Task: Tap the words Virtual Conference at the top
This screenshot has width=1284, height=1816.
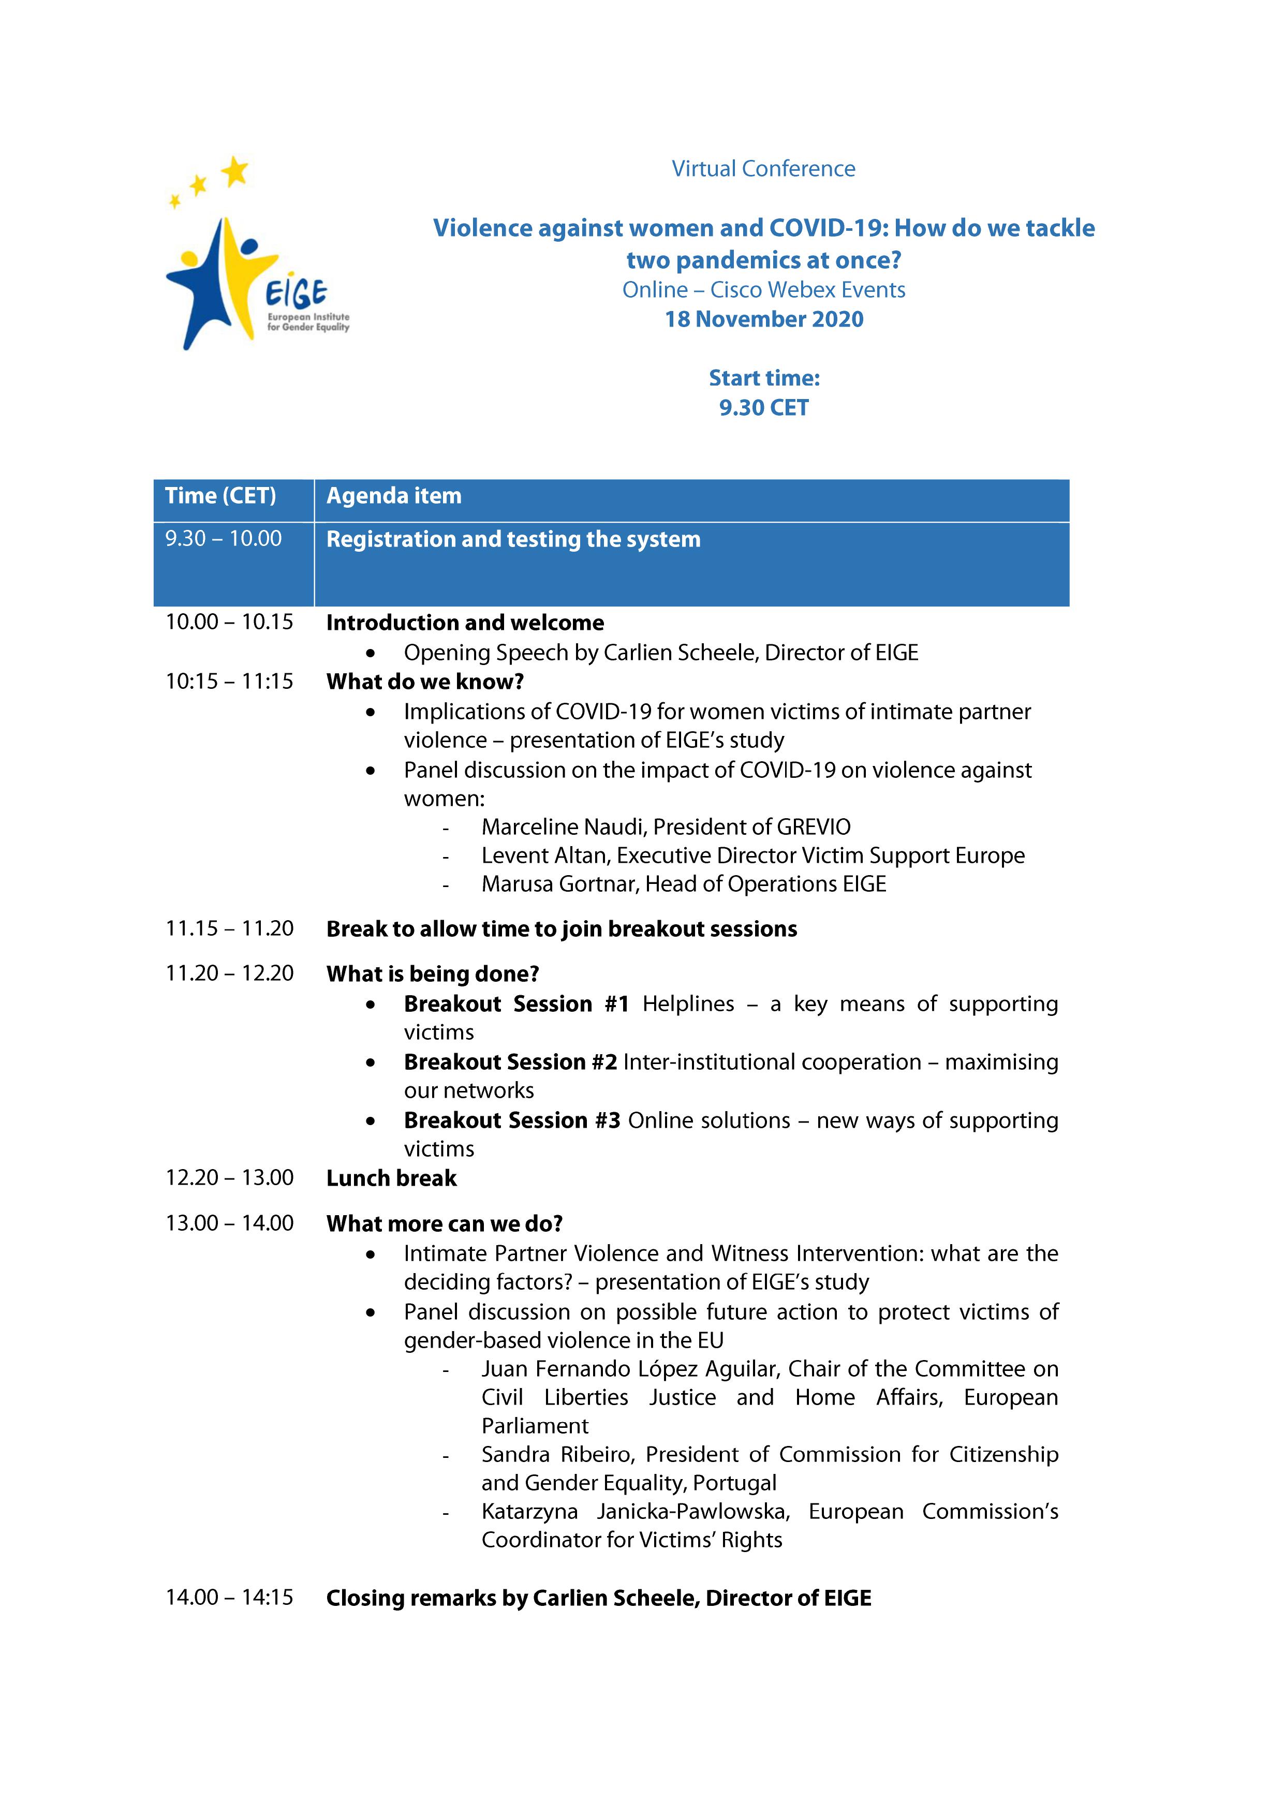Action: coord(763,169)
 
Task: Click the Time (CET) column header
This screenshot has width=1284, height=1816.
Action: coord(220,496)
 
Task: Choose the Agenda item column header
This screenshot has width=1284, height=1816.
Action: coord(393,496)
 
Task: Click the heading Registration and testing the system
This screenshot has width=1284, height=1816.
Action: coord(513,539)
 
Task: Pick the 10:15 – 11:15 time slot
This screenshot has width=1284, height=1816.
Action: coord(229,681)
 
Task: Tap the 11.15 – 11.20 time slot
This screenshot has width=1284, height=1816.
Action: coord(229,928)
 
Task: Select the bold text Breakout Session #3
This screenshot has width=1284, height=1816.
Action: coord(511,1121)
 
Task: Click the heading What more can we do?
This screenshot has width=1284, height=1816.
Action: coord(444,1223)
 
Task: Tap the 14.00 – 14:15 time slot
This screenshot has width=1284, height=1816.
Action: coord(229,1598)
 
